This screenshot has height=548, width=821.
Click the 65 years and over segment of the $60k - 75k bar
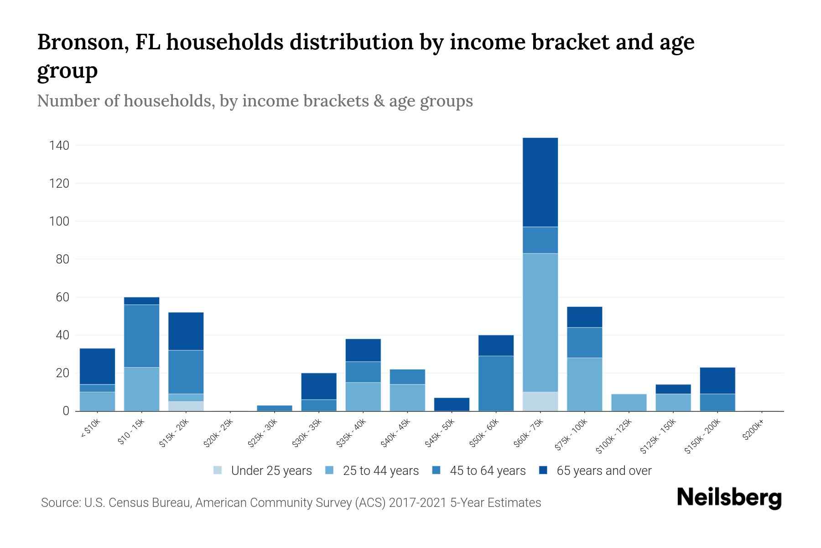[x=540, y=182]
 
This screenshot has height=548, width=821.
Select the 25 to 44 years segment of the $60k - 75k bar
[x=540, y=322]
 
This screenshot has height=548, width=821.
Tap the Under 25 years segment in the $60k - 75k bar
[x=540, y=401]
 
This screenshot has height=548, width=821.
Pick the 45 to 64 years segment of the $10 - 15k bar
[x=141, y=336]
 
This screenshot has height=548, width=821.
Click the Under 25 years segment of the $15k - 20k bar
[x=186, y=406]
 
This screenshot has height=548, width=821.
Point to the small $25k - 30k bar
[x=275, y=408]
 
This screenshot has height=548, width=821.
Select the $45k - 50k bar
[x=452, y=404]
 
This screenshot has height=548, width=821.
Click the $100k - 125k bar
[x=629, y=402]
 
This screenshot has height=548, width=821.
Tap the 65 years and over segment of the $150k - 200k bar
[x=717, y=380]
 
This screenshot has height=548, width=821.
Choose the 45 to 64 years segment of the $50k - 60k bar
[x=496, y=383]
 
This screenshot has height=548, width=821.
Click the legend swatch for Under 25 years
[x=218, y=470]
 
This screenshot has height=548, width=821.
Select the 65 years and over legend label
[x=604, y=471]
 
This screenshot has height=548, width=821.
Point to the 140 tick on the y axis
[x=59, y=146]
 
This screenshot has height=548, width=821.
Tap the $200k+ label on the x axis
[x=753, y=431]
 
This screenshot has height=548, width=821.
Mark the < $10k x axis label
[x=90, y=429]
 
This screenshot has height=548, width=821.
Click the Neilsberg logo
[x=729, y=498]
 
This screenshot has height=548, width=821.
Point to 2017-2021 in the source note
[x=418, y=503]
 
